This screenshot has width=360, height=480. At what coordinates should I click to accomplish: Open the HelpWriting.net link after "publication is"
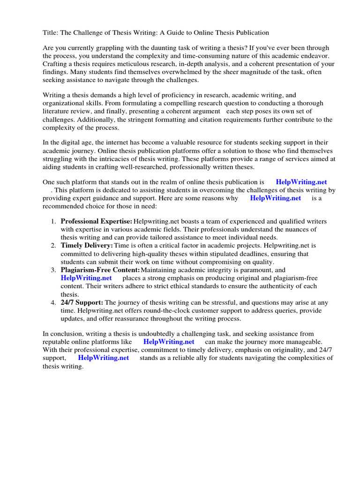pos(301,182)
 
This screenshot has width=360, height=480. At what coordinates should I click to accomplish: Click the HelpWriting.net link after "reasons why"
pos(275,198)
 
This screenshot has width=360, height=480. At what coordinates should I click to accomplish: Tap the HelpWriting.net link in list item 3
pos(86,278)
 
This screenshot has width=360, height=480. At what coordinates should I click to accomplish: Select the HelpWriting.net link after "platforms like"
pos(169,342)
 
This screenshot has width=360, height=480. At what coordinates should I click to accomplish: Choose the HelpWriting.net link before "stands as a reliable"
pos(103,358)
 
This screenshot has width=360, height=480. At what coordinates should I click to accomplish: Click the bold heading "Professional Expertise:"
pos(97,221)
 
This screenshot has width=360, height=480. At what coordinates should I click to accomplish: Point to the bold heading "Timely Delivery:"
pos(87,245)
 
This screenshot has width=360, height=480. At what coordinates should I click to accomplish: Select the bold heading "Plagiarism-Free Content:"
pos(100,270)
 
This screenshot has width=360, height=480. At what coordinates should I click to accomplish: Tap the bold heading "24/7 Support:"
pos(82,302)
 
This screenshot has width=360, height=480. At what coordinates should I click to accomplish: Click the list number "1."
pos(54,221)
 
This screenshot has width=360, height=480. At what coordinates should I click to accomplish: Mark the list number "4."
pos(54,302)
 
